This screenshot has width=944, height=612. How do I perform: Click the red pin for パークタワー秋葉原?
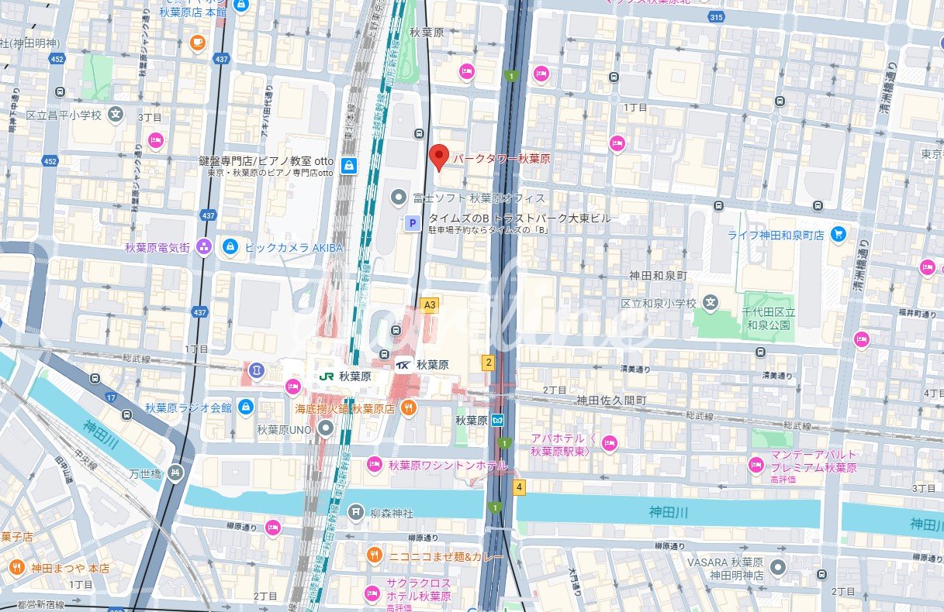tap(438, 156)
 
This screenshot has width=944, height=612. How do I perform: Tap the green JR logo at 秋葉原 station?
tap(327, 375)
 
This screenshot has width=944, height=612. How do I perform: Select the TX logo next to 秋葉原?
tap(404, 364)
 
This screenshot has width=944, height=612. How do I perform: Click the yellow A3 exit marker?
tap(429, 304)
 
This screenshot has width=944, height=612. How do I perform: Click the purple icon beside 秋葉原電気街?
tap(203, 247)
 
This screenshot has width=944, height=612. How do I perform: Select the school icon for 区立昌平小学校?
tap(116, 115)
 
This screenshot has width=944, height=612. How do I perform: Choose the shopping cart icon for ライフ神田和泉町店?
tap(838, 234)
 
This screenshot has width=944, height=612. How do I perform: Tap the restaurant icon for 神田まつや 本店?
tap(16, 568)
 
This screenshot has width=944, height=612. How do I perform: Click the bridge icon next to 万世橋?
tap(177, 471)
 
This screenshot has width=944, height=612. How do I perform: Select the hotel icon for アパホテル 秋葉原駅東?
tap(608, 444)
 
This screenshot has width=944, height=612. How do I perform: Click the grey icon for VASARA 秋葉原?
tap(780, 568)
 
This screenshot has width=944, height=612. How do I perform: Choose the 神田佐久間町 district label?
tap(610, 400)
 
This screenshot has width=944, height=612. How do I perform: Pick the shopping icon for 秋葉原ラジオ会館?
tap(246, 407)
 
